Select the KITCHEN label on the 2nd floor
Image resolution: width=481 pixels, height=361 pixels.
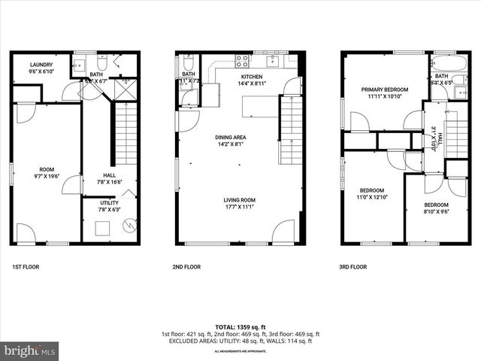tap(251, 77)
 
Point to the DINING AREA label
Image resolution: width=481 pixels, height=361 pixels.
tap(231, 137)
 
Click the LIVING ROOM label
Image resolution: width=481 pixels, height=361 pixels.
tap(238, 200)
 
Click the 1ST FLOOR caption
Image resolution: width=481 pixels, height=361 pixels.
tap(25, 267)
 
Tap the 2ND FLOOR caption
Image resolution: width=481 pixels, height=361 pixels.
tap(188, 267)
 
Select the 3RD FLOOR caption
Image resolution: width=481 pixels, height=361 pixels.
tap(353, 267)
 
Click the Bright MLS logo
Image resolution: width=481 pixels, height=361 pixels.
tap(30, 350)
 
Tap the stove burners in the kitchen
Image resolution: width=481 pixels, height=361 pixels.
tap(244, 60)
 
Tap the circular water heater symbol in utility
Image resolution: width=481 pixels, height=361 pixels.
tap(130, 223)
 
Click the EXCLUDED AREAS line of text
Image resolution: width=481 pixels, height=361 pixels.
tap(240, 340)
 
